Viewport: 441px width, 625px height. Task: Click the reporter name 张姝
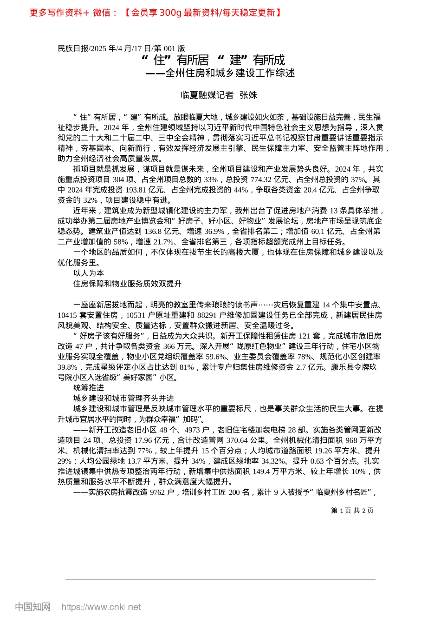click(248, 95)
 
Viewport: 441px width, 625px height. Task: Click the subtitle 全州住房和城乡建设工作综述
click(230, 73)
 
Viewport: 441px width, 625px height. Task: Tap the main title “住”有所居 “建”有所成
click(213, 60)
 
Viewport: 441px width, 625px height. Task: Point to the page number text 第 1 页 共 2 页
click(352, 511)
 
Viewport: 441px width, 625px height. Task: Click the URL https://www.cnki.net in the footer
click(101, 607)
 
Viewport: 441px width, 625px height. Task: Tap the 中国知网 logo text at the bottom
click(32, 607)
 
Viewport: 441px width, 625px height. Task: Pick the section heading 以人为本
click(89, 273)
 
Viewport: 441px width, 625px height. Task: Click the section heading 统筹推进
click(89, 388)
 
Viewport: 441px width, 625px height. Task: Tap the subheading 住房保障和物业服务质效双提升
click(127, 284)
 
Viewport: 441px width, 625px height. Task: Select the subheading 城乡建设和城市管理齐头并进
click(123, 398)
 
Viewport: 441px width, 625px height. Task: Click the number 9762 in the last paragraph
click(158, 492)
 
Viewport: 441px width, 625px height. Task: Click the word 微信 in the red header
click(102, 13)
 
